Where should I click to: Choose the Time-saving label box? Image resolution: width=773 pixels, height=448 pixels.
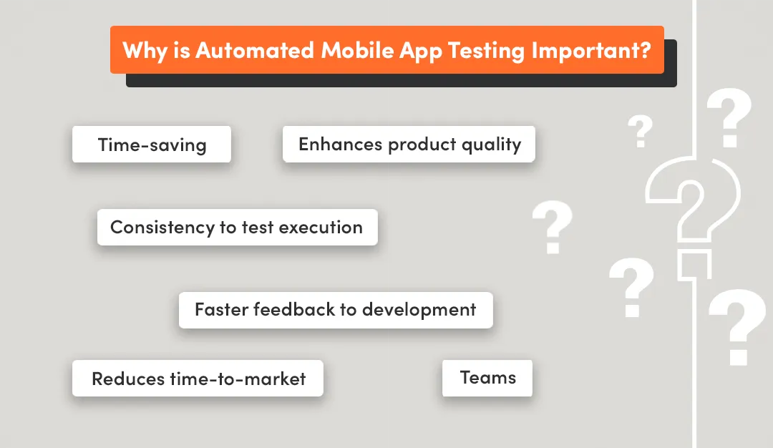[152, 145]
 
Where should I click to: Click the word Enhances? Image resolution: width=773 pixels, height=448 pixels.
[340, 144]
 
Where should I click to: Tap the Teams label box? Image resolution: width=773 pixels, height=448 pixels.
[487, 378]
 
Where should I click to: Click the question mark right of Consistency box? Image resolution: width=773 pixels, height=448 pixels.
[552, 228]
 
